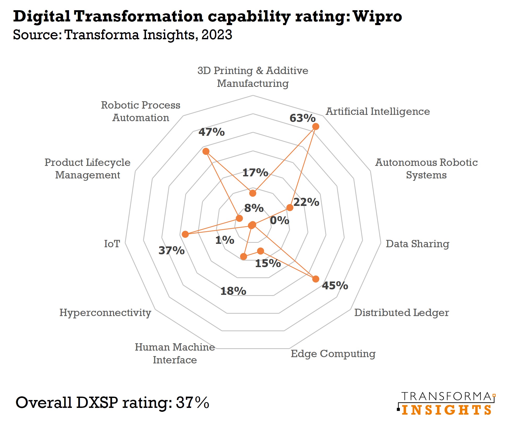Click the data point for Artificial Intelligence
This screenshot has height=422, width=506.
(x=316, y=127)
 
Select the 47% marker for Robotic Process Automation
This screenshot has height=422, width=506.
(x=206, y=151)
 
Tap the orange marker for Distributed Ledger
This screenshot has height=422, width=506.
(x=316, y=279)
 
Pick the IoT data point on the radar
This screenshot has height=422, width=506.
(x=185, y=234)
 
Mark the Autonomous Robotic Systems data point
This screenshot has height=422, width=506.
(x=290, y=208)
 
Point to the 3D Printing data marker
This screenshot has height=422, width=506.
(x=253, y=193)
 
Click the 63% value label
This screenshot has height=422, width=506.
(x=302, y=118)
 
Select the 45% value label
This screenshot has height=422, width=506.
(x=335, y=285)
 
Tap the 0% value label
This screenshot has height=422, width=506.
(x=280, y=221)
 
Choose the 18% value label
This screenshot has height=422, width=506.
(x=233, y=291)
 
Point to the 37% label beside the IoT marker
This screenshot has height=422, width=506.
(x=172, y=250)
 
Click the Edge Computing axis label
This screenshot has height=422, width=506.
(x=333, y=353)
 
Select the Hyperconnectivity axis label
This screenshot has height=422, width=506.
(x=105, y=312)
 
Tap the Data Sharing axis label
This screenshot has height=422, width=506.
(x=417, y=244)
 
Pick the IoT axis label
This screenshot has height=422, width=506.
(x=112, y=244)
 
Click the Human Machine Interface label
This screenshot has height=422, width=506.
(x=175, y=353)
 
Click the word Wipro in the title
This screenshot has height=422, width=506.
(x=377, y=16)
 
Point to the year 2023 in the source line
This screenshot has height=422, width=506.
(x=217, y=35)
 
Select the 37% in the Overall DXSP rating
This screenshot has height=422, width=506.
(x=192, y=402)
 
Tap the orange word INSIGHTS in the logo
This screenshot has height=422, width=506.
(x=446, y=410)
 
